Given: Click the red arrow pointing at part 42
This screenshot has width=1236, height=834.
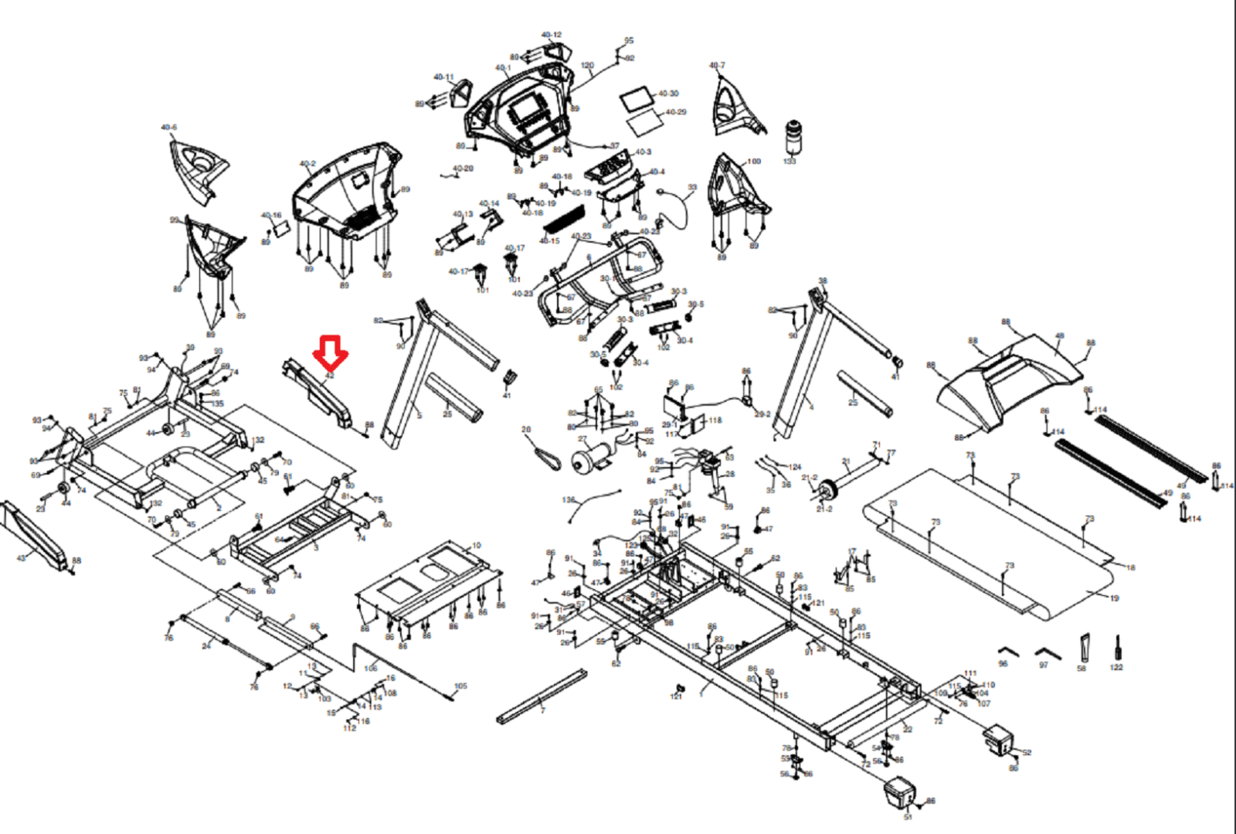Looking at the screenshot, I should click(330, 352).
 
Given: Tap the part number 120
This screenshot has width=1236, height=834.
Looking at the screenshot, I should click(587, 66).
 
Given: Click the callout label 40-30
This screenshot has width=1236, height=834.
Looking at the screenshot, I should click(667, 94).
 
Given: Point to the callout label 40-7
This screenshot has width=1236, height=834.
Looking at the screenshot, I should click(717, 66).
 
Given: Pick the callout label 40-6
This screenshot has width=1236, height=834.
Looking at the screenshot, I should click(168, 128).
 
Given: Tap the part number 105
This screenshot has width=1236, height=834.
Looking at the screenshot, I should click(460, 686).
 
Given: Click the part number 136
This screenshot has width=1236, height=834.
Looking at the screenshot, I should click(569, 500).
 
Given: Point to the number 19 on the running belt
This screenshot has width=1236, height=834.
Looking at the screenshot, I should click(1114, 598).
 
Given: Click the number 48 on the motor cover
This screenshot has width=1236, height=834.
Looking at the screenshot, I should click(1059, 336).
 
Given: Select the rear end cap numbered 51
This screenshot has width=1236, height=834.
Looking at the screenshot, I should click(898, 792).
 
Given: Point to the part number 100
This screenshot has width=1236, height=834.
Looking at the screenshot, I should click(754, 162).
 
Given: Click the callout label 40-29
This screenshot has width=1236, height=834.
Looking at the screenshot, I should click(675, 112).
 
